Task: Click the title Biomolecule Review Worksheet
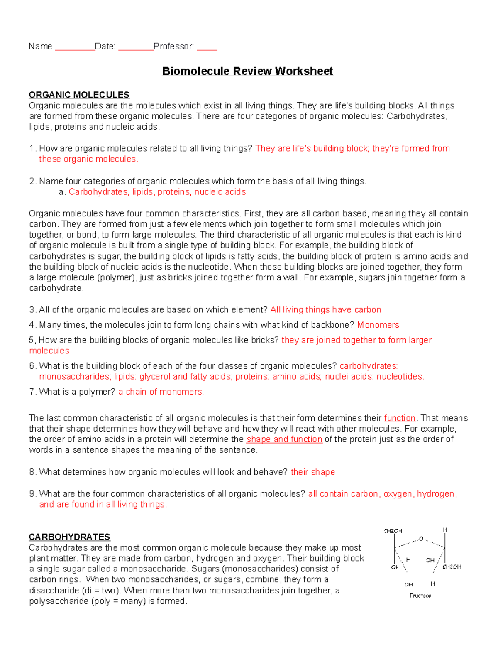pyautogui.click(x=247, y=71)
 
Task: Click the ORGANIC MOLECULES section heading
pyautogui.click(x=79, y=95)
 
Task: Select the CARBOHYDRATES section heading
pyautogui.click(x=69, y=537)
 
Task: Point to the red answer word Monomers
pyautogui.click(x=378, y=325)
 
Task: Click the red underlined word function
pyautogui.click(x=400, y=418)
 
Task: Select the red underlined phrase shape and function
pyautogui.click(x=284, y=439)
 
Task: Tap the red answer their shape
pyautogui.click(x=313, y=472)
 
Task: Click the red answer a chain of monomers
pyautogui.click(x=161, y=392)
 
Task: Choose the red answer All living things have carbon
pyautogui.click(x=326, y=310)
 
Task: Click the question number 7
pyautogui.click(x=32, y=392)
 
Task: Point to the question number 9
pyautogui.click(x=32, y=494)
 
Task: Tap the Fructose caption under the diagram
pyautogui.click(x=420, y=596)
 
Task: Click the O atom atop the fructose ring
pyautogui.click(x=421, y=539)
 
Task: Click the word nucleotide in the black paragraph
pyautogui.click(x=210, y=267)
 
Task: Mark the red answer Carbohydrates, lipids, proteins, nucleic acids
pyautogui.click(x=157, y=192)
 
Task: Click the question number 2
pyautogui.click(x=32, y=181)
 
